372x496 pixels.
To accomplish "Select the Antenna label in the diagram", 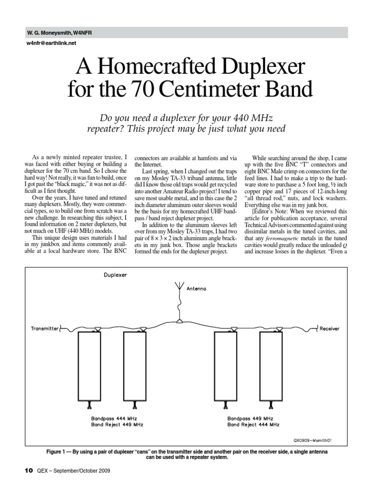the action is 197,289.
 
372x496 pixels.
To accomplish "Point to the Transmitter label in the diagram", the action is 45,328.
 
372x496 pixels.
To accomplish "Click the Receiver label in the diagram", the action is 329,328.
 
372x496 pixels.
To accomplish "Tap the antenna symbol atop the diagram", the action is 179,287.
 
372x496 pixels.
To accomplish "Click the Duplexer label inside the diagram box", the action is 115,275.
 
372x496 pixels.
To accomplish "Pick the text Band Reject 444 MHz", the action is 253,424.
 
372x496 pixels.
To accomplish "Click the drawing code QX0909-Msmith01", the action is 314,441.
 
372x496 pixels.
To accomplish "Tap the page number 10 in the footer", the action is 28,470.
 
